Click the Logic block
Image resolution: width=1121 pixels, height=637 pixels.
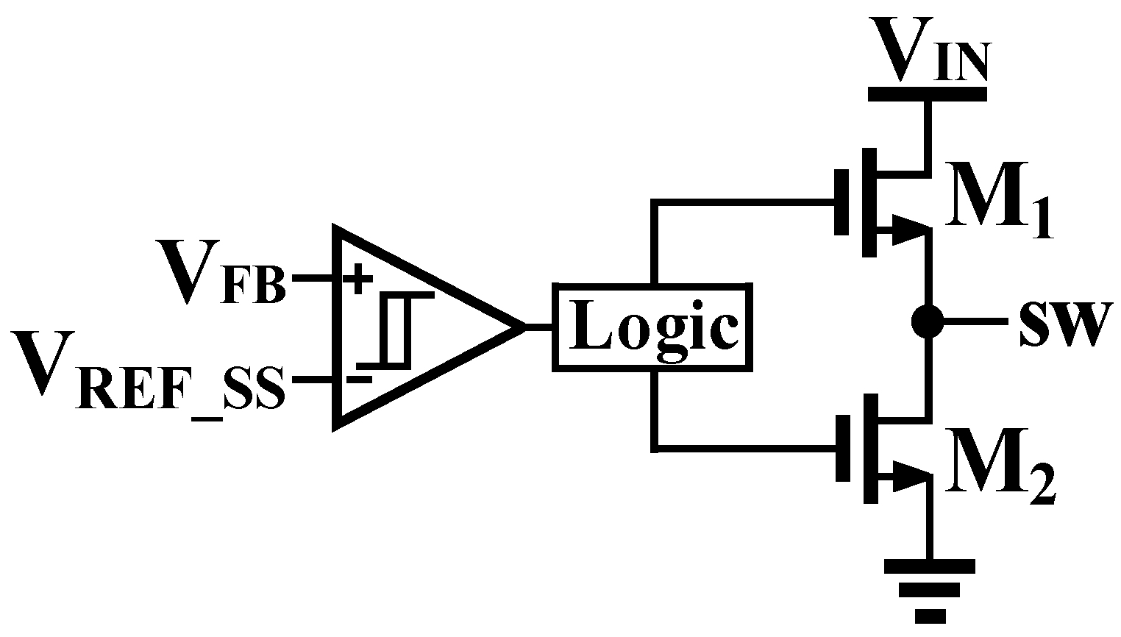coord(652,326)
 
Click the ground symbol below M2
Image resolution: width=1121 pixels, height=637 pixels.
coord(929,588)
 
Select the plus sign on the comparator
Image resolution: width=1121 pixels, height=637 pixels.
coord(357,280)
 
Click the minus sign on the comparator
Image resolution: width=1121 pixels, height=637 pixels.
coord(358,379)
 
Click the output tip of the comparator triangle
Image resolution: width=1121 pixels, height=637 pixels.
coord(522,325)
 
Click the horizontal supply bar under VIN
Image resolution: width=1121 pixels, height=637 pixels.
coord(928,93)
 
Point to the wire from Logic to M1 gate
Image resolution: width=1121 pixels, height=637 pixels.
coord(736,202)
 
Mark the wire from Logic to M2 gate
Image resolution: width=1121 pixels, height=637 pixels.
coord(736,447)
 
